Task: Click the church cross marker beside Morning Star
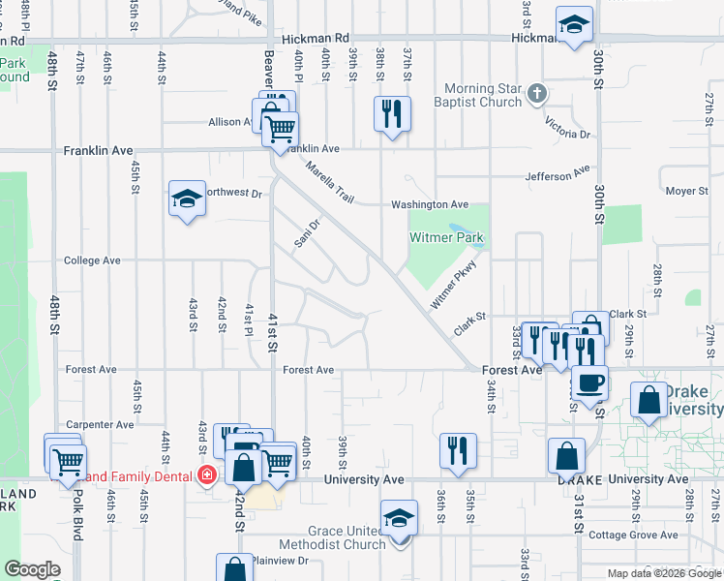[539, 95]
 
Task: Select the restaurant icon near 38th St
[392, 114]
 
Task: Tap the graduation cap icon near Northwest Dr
[187, 199]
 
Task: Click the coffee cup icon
[588, 382]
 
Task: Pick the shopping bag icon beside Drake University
[648, 400]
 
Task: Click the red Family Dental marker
[206, 475]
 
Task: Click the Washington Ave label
[429, 205]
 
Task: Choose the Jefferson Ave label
[557, 174]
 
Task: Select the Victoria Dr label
[567, 127]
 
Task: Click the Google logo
[32, 569]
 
